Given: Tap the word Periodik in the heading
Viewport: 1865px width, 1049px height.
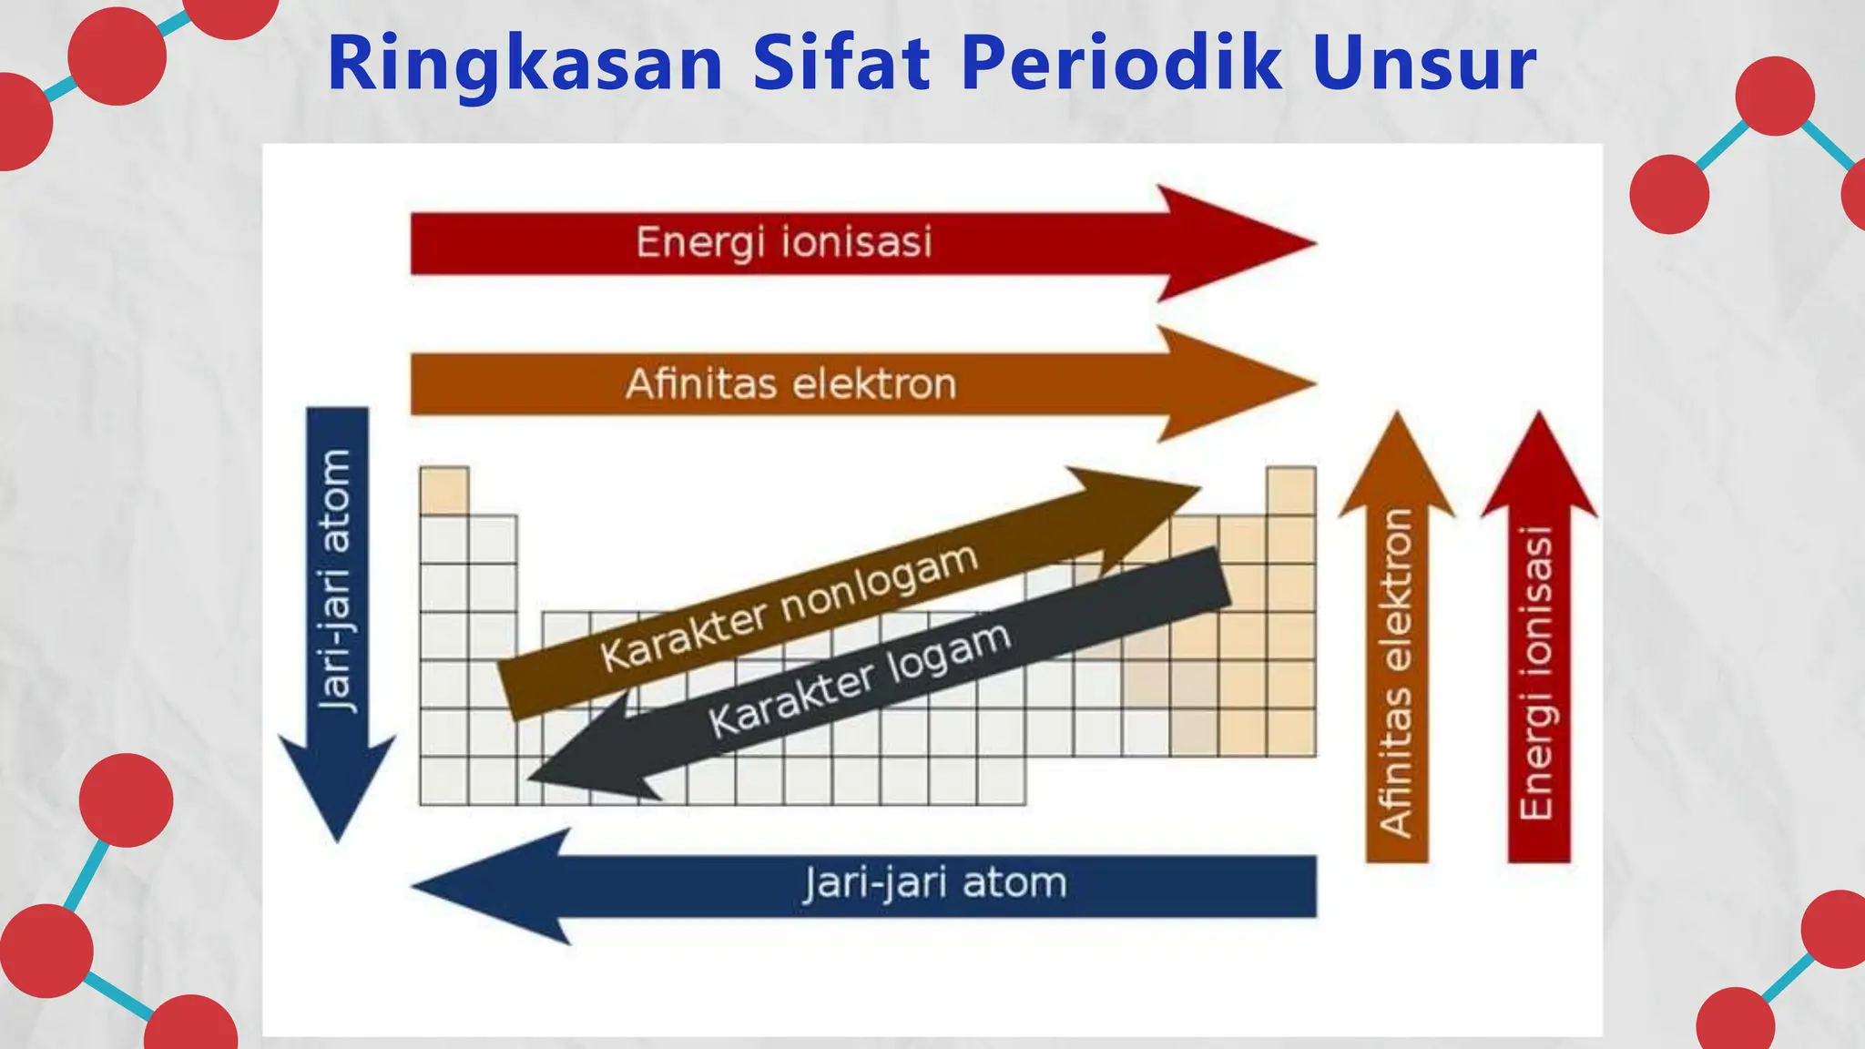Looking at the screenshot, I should click(1121, 66).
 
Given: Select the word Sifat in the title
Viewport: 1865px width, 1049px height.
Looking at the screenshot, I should click(841, 66).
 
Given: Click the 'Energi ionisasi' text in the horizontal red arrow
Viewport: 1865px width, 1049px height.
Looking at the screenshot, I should click(784, 243).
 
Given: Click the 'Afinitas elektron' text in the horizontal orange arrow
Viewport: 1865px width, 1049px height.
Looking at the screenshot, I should click(790, 384).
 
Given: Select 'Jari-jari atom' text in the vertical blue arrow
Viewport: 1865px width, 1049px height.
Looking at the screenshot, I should click(337, 580).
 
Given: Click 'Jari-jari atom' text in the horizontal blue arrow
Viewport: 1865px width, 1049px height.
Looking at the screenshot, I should click(934, 884).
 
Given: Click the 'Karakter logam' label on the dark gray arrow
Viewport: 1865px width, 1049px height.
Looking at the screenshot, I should click(860, 680).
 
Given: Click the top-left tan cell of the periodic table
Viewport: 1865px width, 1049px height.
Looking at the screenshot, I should click(444, 491).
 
